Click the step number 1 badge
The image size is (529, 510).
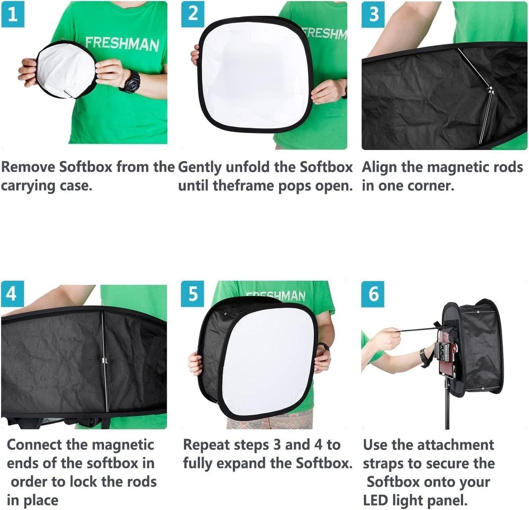pos(13,14)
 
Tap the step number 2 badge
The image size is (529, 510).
pos(193,14)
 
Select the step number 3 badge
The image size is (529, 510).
pos(373,14)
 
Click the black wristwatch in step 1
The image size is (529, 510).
pos(130,81)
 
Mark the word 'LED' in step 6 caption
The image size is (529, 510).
pos(375,500)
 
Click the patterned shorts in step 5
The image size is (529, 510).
pos(268,422)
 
